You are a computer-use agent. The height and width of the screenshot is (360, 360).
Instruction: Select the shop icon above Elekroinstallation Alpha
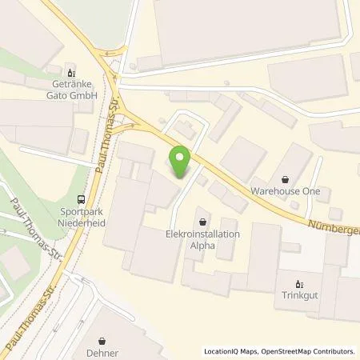click(x=202, y=221)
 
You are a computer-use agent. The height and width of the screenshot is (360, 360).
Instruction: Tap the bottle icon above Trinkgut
click(x=299, y=283)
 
